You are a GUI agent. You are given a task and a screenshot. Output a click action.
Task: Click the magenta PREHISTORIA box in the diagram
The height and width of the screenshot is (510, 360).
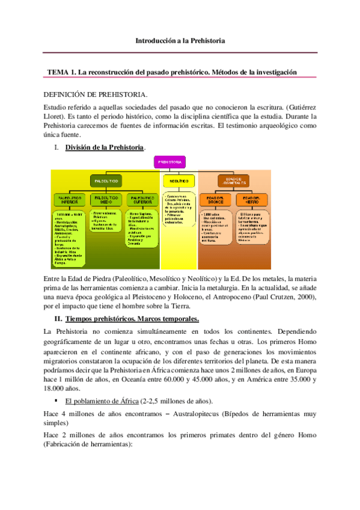[x=169, y=162]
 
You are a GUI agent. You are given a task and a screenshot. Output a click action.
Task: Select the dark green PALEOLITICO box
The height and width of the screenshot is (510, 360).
[x=108, y=180]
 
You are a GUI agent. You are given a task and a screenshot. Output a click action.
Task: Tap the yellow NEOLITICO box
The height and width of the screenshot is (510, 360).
[x=177, y=180]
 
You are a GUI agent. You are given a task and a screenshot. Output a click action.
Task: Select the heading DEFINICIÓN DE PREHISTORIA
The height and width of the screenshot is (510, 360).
[x=96, y=94]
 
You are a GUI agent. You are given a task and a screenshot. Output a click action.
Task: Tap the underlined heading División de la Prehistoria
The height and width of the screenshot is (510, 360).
[x=104, y=147]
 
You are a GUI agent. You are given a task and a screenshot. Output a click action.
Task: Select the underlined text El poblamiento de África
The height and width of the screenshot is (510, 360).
[x=102, y=384]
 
